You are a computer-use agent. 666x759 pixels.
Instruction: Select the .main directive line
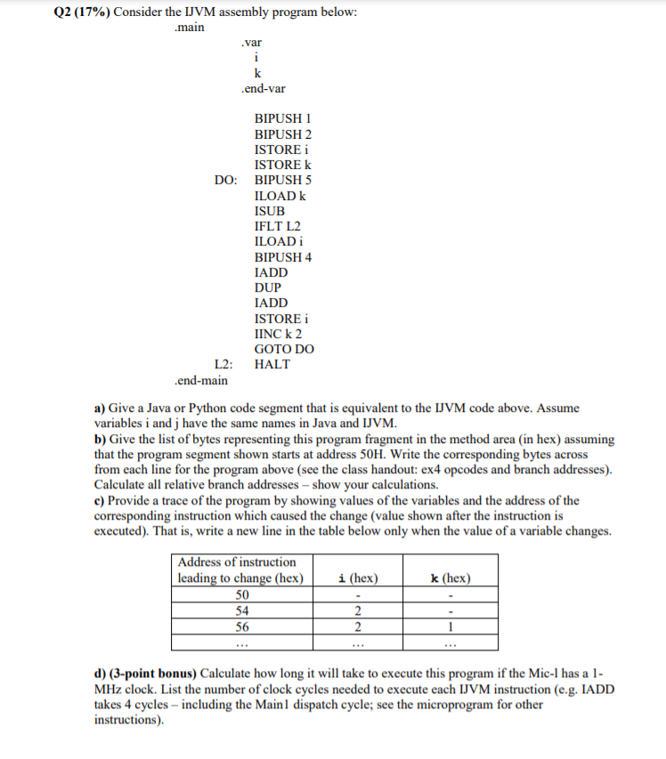(189, 27)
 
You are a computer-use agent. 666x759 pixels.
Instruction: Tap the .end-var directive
(263, 89)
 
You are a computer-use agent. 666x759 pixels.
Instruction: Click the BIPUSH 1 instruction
(282, 118)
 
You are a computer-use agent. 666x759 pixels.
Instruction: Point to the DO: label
(225, 180)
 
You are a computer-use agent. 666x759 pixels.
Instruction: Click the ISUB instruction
(270, 211)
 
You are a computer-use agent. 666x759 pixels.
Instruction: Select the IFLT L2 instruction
(277, 226)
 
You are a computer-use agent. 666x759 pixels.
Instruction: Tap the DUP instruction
(267, 287)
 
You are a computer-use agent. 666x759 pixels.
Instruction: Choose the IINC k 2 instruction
(278, 334)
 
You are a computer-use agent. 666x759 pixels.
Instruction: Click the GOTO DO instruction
(283, 349)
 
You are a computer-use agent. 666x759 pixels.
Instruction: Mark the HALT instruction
(272, 364)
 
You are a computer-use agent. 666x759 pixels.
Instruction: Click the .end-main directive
(201, 380)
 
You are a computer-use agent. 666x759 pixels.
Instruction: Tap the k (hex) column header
(451, 577)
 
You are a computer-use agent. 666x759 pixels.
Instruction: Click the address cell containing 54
(241, 610)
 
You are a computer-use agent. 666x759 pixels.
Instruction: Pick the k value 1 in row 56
(451, 626)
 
